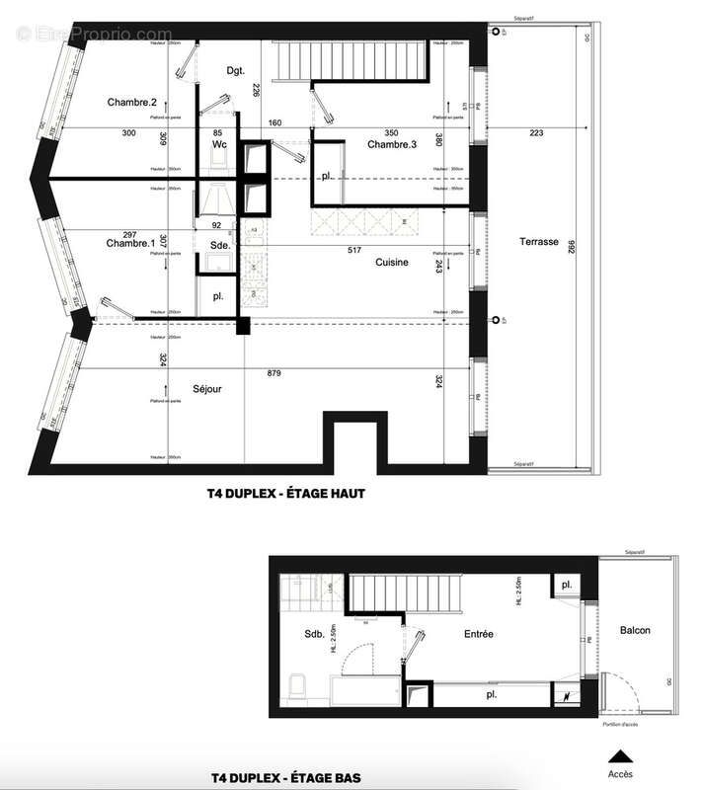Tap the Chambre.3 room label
392,145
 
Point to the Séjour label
207,389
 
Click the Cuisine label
392,262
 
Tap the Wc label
220,145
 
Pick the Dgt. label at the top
236,70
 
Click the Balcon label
635,630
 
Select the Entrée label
475,633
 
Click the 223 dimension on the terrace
537,132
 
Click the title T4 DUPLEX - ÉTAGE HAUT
287,494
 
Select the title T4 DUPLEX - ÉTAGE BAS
285,778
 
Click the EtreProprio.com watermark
95,35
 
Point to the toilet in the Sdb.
293,683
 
